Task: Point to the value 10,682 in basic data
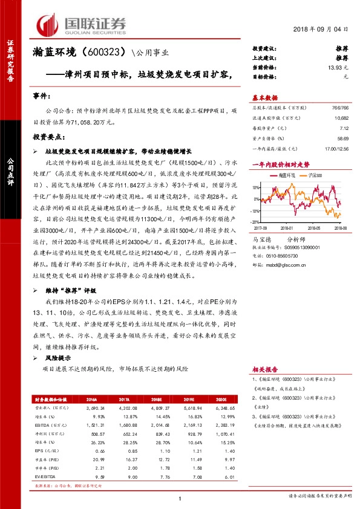coord(339,117)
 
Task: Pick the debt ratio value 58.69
coord(342,139)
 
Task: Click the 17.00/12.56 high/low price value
coord(336,149)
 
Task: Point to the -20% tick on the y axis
coord(257,211)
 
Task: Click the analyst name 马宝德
coord(262,239)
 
